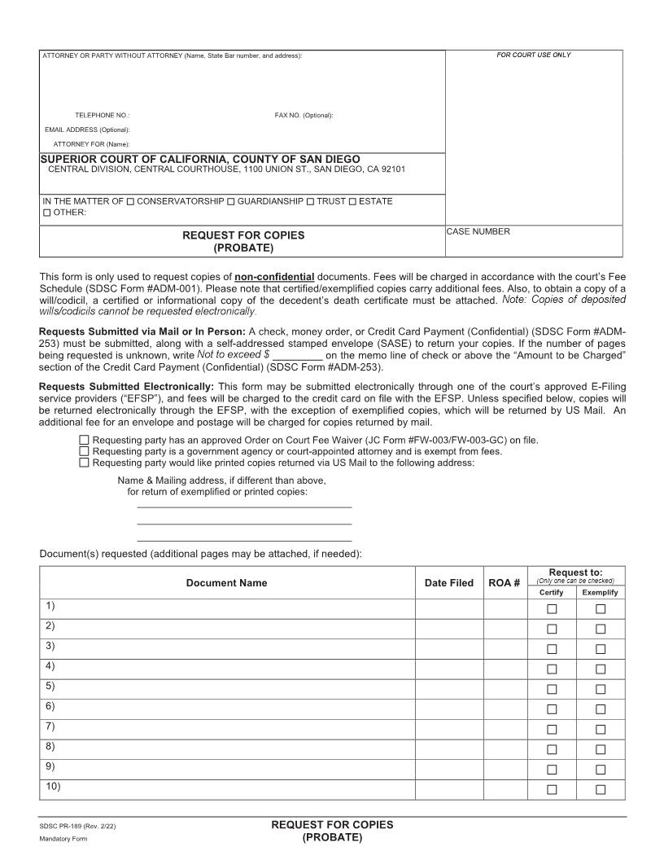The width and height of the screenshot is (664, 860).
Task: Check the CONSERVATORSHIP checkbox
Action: pyautogui.click(x=131, y=201)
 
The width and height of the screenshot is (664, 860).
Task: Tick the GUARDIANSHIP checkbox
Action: pyautogui.click(x=231, y=201)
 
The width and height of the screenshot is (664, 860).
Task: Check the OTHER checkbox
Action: pyautogui.click(x=46, y=213)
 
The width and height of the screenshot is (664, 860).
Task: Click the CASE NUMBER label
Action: pyautogui.click(x=478, y=232)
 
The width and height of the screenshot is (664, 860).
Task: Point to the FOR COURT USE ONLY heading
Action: pyautogui.click(x=534, y=55)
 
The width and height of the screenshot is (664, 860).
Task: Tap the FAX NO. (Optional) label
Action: pyautogui.click(x=304, y=116)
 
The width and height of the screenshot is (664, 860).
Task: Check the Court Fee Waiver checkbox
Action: pyautogui.click(x=85, y=440)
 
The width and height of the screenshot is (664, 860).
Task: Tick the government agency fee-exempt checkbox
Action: pyautogui.click(x=85, y=451)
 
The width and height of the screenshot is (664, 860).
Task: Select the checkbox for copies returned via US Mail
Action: pyautogui.click(x=85, y=463)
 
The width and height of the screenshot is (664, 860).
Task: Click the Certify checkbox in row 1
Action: pyautogui.click(x=552, y=609)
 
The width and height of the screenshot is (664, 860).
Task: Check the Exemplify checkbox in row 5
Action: pyautogui.click(x=601, y=689)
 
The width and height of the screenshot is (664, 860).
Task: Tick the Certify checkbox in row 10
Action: pyautogui.click(x=552, y=789)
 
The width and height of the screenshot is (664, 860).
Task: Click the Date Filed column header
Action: pyautogui.click(x=448, y=583)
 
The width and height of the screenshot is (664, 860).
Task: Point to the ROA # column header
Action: pyautogui.click(x=504, y=583)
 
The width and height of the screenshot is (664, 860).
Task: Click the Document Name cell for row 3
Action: pyautogui.click(x=228, y=648)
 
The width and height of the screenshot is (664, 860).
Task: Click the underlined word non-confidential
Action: pyautogui.click(x=274, y=277)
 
